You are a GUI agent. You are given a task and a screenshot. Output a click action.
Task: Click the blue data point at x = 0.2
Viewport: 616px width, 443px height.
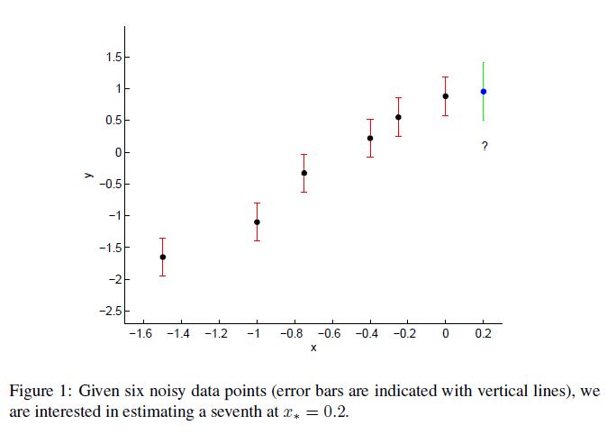(484, 91)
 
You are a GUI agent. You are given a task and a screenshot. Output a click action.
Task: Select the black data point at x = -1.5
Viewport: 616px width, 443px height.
(163, 257)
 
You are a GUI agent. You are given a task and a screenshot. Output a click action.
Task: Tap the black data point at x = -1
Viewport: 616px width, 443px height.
(257, 221)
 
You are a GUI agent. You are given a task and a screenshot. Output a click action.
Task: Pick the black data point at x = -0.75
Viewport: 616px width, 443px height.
(304, 173)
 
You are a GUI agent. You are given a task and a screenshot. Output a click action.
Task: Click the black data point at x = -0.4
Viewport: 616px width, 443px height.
(370, 138)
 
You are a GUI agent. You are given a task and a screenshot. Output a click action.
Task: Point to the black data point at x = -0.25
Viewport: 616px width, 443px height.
(398, 117)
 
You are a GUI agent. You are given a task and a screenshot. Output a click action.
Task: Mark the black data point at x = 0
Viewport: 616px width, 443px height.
(446, 96)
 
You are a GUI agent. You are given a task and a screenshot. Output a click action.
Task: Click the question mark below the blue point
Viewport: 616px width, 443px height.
(485, 146)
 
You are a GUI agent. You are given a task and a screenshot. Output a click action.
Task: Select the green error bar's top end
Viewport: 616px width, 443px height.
(484, 63)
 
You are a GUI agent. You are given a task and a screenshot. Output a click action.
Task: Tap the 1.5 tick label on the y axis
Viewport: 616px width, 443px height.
(113, 58)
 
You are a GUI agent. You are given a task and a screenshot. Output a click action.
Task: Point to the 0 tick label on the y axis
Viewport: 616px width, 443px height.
(117, 152)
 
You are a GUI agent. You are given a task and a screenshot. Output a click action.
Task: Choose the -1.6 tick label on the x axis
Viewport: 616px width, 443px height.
(140, 334)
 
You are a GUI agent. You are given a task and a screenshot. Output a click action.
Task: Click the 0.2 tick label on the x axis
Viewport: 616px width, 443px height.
(484, 334)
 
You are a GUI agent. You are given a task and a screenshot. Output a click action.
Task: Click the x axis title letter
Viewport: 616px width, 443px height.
(313, 348)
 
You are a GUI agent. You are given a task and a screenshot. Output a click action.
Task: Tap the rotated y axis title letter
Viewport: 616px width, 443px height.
(88, 176)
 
